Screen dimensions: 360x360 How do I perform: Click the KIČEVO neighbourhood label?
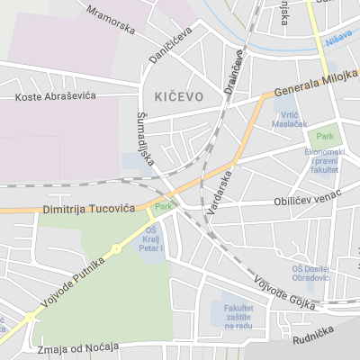pos(179,94)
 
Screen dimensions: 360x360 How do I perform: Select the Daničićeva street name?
pos(171,45)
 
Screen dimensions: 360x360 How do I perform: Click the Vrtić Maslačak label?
pos(289,119)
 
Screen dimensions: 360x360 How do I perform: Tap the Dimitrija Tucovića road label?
pos(88,209)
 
